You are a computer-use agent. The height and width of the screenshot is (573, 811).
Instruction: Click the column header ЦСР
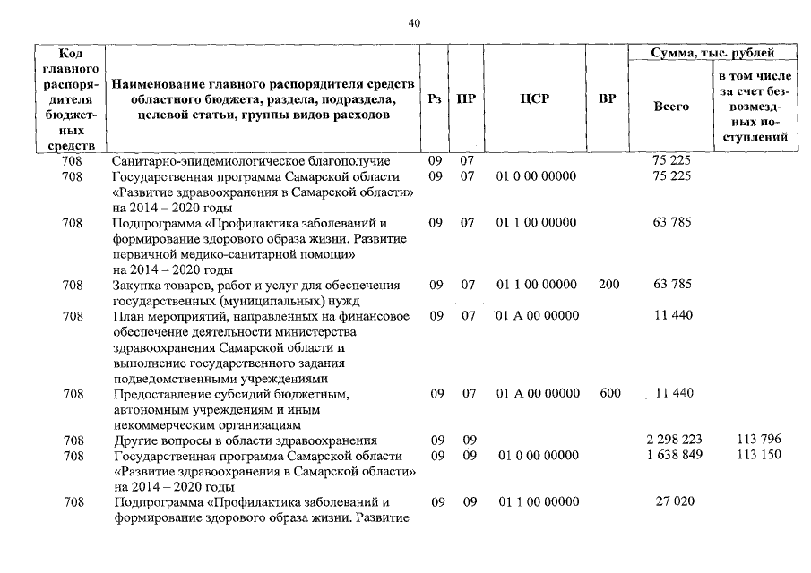click(x=534, y=100)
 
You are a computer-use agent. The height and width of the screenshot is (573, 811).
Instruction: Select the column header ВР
click(x=607, y=100)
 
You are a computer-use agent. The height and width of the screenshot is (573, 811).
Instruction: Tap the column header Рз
click(x=436, y=100)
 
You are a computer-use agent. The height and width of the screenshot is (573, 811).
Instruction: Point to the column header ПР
click(x=466, y=100)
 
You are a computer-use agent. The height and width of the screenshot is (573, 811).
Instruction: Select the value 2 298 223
click(x=673, y=440)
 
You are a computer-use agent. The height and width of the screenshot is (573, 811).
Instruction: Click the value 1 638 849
click(x=673, y=455)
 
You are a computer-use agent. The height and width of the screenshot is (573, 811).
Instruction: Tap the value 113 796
click(x=756, y=440)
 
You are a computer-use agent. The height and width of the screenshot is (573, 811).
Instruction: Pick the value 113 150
click(x=756, y=455)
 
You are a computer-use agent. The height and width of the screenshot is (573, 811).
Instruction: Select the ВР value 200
click(x=608, y=285)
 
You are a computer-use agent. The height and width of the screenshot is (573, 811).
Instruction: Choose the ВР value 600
click(x=608, y=393)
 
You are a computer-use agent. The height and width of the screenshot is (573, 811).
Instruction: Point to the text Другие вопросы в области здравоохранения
click(x=245, y=440)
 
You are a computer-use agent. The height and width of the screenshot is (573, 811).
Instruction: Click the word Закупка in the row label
click(x=136, y=285)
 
